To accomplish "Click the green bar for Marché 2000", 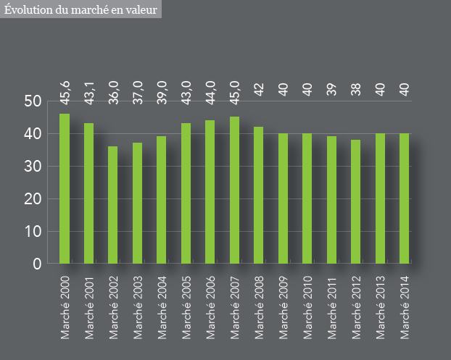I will coord(65,188).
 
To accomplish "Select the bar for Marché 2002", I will coord(113,205).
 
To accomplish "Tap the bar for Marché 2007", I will coord(234,190).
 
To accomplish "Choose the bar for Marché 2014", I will coord(404,198).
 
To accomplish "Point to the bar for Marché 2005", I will coord(186,193).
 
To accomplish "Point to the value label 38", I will coord(355,89).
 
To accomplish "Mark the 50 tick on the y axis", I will coord(32,101).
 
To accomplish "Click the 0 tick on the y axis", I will coord(37,264).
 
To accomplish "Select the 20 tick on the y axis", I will coord(32,199).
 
